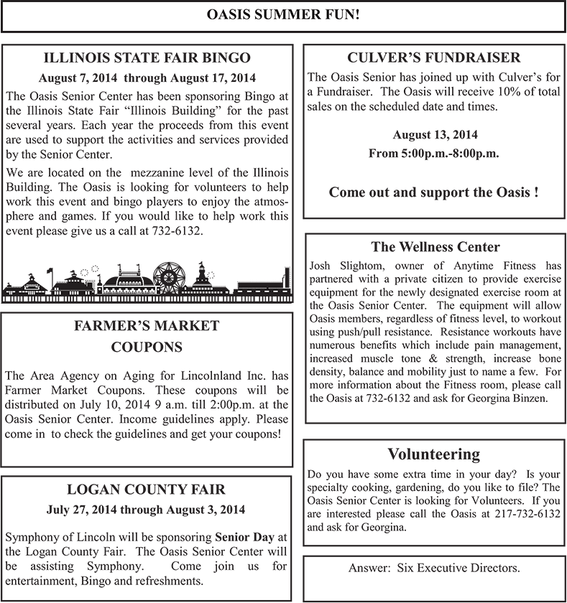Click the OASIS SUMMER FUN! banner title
(x=283, y=14)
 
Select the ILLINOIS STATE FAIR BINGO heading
(x=147, y=57)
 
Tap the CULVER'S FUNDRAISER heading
(x=433, y=57)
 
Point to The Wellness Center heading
(x=435, y=247)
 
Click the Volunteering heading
(x=433, y=454)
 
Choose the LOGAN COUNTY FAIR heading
(x=146, y=490)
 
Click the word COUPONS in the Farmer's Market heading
(x=147, y=347)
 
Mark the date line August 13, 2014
(x=435, y=134)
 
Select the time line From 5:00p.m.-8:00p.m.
(x=433, y=153)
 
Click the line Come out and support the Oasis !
(x=433, y=192)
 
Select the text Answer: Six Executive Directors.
(x=434, y=568)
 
